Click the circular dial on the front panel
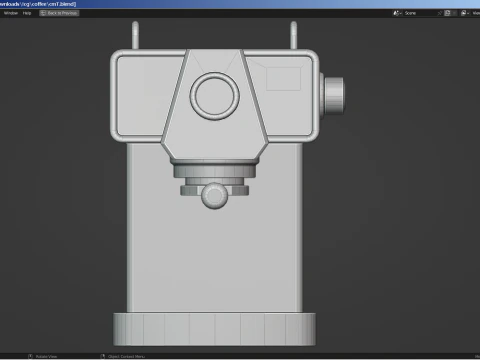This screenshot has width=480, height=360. [215, 96]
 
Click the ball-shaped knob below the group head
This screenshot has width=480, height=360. [214, 195]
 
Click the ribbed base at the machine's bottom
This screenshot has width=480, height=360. [214, 329]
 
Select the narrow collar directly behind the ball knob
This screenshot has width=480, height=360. [214, 183]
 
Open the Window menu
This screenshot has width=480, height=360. [10, 13]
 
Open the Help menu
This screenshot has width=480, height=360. [28, 13]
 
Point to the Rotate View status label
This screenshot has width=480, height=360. [48, 356]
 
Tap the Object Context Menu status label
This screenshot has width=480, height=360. [130, 356]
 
